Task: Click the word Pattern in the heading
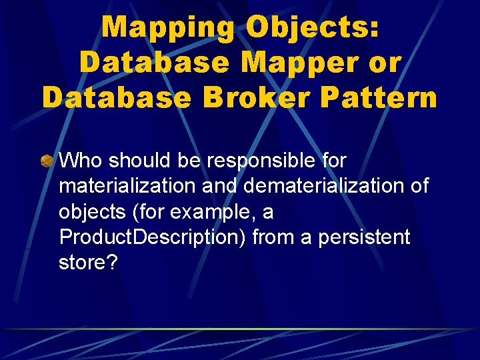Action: [379, 97]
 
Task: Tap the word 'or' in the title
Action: [385, 62]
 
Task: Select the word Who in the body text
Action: [81, 160]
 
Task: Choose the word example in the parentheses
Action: [211, 212]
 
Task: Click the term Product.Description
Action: [149, 237]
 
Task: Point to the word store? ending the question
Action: [88, 263]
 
